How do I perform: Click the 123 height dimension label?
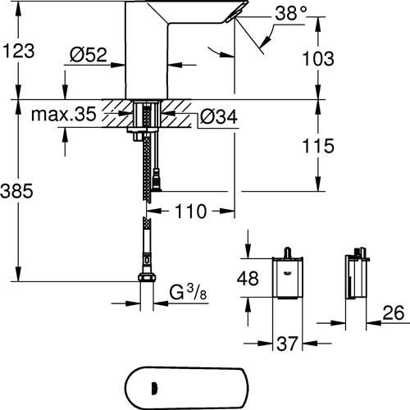(x=19, y=51)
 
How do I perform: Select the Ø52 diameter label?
(x=88, y=55)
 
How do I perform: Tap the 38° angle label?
(x=291, y=13)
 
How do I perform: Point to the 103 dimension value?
(x=318, y=58)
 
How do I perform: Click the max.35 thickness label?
(x=64, y=114)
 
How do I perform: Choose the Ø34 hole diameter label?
(x=219, y=117)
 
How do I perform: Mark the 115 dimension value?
(x=318, y=145)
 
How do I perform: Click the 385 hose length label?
(x=17, y=190)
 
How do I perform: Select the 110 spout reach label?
(x=190, y=212)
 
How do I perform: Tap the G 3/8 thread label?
(x=188, y=292)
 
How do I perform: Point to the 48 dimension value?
(x=248, y=279)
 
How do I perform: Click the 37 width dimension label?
(x=287, y=344)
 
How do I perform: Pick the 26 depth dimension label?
(x=394, y=312)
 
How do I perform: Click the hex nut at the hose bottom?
(x=147, y=277)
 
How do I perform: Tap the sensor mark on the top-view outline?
(x=153, y=388)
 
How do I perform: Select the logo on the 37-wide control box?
(x=288, y=272)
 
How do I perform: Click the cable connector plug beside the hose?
(x=157, y=180)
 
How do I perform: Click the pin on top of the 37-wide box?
(x=287, y=252)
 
